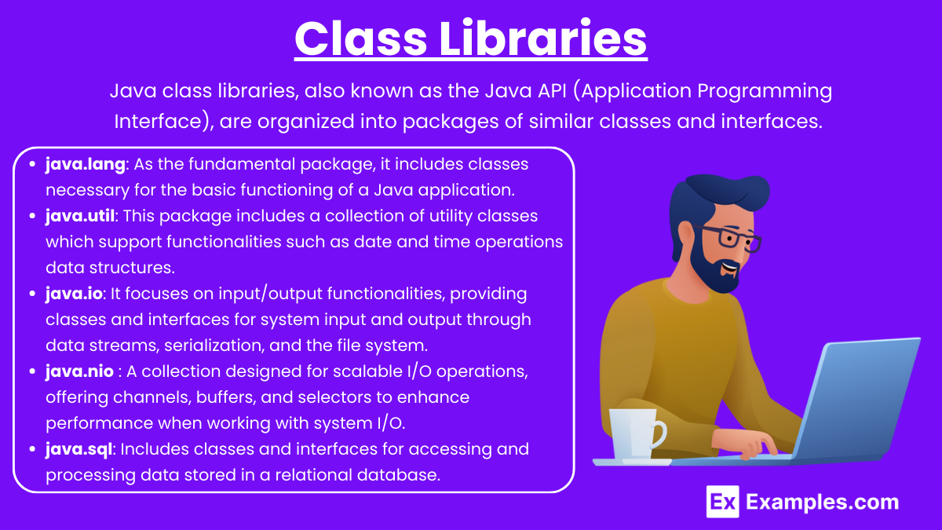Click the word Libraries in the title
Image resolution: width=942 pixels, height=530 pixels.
click(543, 38)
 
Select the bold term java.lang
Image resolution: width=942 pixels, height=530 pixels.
click(86, 165)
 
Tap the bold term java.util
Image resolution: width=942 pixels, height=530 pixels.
click(80, 216)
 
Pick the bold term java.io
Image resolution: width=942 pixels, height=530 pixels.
click(74, 294)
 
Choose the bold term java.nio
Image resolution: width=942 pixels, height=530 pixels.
click(79, 372)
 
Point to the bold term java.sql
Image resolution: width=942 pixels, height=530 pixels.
click(79, 450)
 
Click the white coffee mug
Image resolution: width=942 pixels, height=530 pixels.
click(637, 434)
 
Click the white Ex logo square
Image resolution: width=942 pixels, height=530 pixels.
click(722, 502)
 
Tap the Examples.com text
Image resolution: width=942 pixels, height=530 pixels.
click(822, 502)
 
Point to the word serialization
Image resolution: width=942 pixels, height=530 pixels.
click(214, 345)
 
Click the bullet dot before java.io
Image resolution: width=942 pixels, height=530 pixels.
click(32, 294)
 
